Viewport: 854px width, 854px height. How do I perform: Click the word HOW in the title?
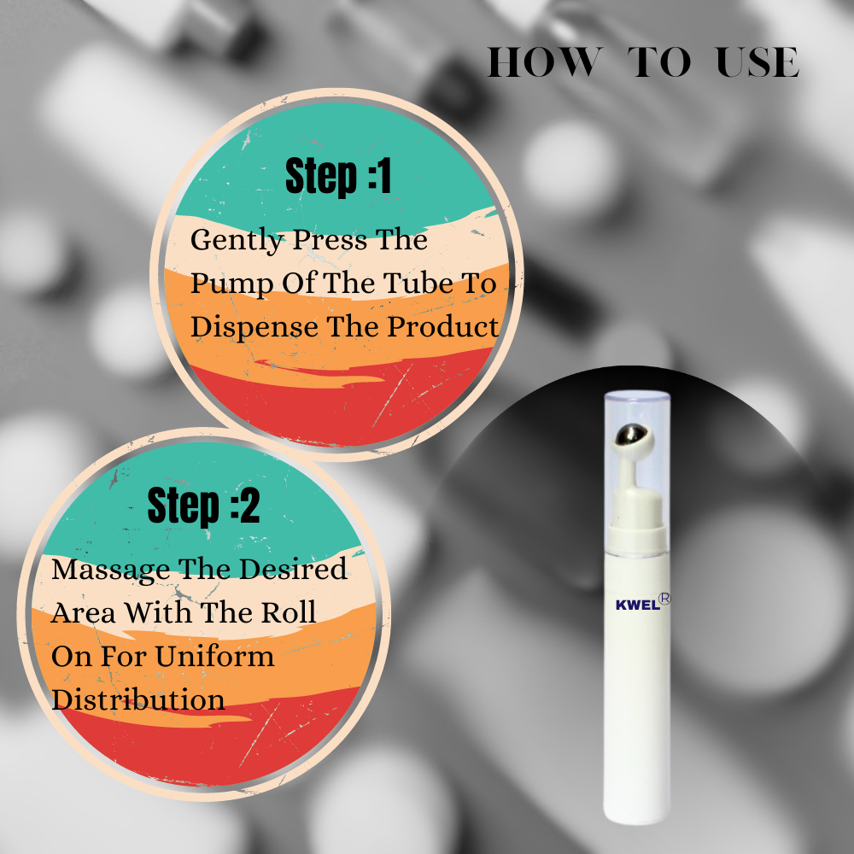[x=545, y=61]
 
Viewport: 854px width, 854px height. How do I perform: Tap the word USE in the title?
[x=757, y=61]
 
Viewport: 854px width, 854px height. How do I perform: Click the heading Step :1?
[x=338, y=177]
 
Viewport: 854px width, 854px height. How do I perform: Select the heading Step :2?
[x=203, y=506]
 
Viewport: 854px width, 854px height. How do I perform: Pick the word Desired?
[x=293, y=569]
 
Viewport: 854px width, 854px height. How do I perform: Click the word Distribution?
[x=137, y=699]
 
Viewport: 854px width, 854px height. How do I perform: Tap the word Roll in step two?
[x=289, y=611]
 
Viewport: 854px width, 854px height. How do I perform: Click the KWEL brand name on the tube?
[x=637, y=605]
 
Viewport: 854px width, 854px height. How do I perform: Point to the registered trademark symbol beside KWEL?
[x=664, y=599]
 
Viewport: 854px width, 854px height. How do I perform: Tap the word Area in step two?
[x=83, y=612]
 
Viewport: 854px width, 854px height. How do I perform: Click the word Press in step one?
[x=330, y=240]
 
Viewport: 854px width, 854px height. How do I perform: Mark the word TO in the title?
[x=659, y=61]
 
